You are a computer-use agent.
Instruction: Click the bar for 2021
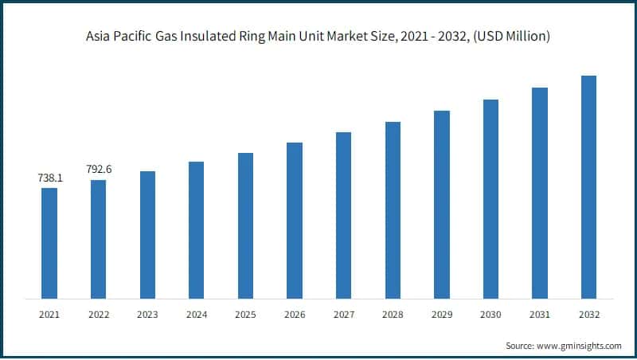pos(49,243)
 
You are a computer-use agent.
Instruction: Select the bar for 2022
pos(98,239)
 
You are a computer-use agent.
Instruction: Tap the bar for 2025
pos(245,225)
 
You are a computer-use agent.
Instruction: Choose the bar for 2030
pos(490,199)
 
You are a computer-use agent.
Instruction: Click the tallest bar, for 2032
pos(588,187)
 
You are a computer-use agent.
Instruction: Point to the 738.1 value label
pos(49,178)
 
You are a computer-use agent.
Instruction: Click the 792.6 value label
pos(99,169)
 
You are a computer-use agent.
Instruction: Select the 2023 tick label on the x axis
pos(147,315)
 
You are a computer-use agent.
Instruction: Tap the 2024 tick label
pos(196,315)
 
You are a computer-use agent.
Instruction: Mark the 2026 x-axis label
pos(295,315)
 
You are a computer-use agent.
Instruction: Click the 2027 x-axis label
pos(343,315)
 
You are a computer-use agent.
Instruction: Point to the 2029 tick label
pos(442,315)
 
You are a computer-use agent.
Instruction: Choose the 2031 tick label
pos(540,315)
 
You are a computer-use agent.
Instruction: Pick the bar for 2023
pos(147,235)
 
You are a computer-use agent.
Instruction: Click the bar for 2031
pos(540,193)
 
